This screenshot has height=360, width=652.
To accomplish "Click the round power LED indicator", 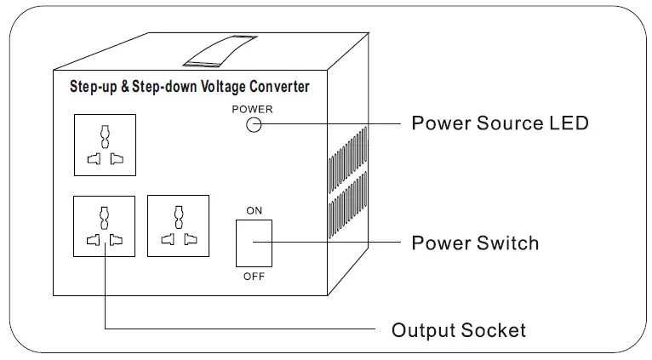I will (x=254, y=124).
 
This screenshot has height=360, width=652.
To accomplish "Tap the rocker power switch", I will (x=254, y=243).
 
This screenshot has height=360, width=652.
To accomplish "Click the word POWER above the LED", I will (x=253, y=109).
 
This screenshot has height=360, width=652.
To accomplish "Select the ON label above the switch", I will (x=254, y=210).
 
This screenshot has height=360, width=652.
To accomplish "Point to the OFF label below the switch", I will (x=254, y=277).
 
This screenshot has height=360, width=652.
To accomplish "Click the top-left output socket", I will (x=105, y=144).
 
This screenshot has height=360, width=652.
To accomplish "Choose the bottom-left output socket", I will (x=105, y=226).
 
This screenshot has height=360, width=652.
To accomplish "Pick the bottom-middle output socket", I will (x=177, y=226).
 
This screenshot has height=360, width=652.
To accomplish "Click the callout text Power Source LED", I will (x=500, y=123).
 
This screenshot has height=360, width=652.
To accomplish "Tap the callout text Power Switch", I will (x=475, y=243).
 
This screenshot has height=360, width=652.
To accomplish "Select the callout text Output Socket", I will (x=458, y=330).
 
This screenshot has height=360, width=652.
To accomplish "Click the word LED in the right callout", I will (x=569, y=123).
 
